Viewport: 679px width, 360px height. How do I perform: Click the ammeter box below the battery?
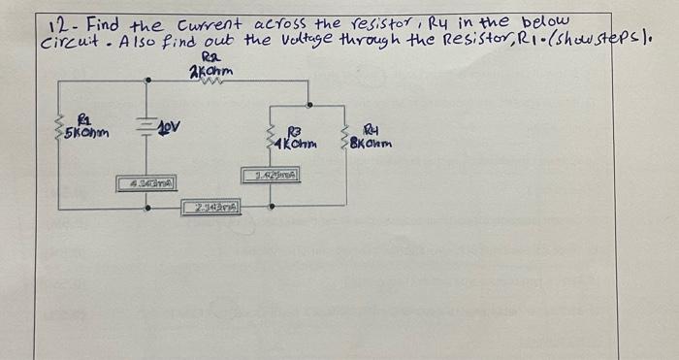pos(146,181)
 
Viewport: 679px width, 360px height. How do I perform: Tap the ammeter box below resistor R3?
pos(272,176)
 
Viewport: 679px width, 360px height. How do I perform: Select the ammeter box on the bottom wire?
pos(211,206)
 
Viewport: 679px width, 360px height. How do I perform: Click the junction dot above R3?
pos(308,104)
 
